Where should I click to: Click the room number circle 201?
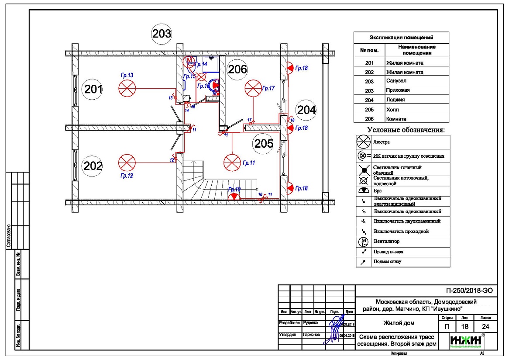point(93,90)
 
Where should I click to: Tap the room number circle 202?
point(93,166)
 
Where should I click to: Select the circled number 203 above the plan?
point(162,34)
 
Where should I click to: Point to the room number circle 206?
point(237,69)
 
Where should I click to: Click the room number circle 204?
point(306,110)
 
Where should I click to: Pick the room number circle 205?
point(264,144)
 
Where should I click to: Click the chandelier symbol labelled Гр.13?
point(127,89)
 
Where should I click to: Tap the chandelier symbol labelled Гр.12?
point(127,163)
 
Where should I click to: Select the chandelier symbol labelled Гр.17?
point(254,89)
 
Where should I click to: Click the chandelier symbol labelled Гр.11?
point(232,163)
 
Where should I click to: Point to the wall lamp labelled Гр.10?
point(234,197)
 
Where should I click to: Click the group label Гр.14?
point(201,64)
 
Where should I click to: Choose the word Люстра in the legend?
point(382,142)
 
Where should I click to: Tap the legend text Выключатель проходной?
point(401,231)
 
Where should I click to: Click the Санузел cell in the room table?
point(396,81)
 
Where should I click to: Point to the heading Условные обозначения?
point(406,130)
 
